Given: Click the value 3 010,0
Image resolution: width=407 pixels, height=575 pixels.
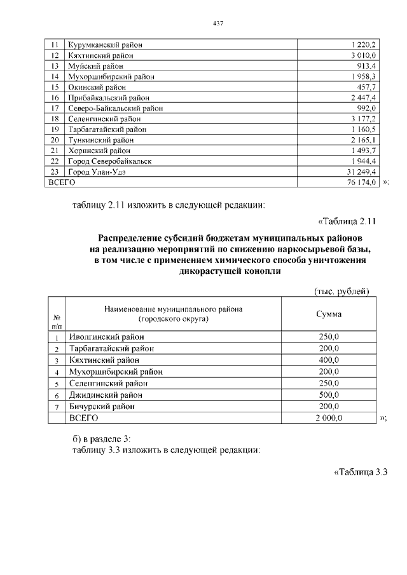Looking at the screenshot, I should click(x=364, y=55).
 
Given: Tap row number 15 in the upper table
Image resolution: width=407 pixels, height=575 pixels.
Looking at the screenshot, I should click(x=55, y=87).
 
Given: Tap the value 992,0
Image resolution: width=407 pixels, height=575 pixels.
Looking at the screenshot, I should click(x=367, y=109).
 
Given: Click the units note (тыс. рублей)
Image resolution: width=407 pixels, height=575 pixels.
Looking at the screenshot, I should click(x=342, y=292).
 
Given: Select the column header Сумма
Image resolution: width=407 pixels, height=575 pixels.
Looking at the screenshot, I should click(x=329, y=315).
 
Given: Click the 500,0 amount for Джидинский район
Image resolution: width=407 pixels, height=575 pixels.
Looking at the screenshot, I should click(x=329, y=395).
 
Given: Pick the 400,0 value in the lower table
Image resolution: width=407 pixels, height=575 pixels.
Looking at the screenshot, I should click(x=329, y=360).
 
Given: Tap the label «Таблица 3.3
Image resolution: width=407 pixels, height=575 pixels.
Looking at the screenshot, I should click(x=360, y=472).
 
